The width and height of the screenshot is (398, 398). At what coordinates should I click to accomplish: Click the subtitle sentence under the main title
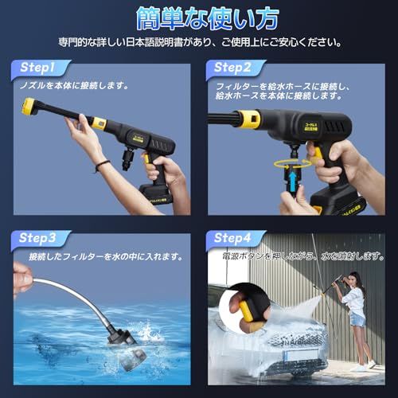(x=199, y=41)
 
